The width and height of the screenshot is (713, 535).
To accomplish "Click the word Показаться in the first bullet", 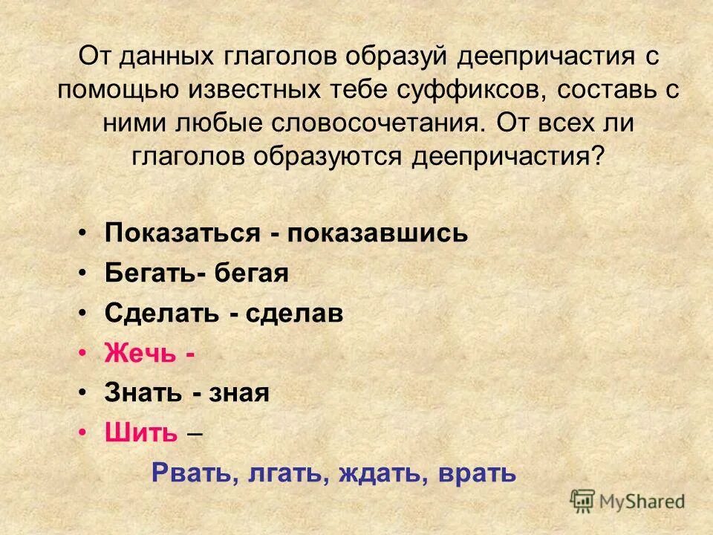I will [x=181, y=233].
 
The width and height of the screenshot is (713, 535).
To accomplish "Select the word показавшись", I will [x=379, y=233].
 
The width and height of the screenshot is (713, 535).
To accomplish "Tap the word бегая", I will [x=252, y=273].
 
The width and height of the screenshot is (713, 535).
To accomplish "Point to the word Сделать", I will [x=162, y=314].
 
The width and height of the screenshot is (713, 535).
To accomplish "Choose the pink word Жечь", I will [x=140, y=353].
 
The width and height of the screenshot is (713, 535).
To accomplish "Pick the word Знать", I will [x=144, y=393].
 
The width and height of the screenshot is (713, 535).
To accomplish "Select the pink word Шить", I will [x=141, y=433].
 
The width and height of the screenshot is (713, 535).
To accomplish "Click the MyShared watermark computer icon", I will [x=583, y=500].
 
